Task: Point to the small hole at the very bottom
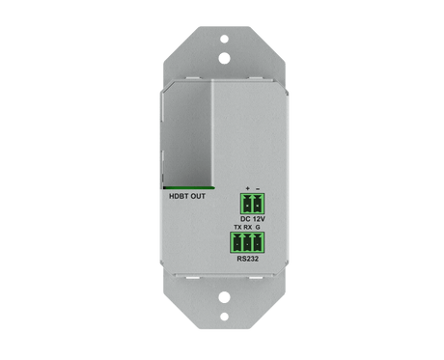click(222, 326)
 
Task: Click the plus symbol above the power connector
click(248, 188)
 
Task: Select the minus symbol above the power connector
click(258, 188)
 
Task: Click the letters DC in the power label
click(245, 219)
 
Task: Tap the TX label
click(238, 227)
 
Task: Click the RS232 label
click(249, 260)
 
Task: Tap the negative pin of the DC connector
click(258, 204)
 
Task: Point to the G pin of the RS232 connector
click(259, 243)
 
